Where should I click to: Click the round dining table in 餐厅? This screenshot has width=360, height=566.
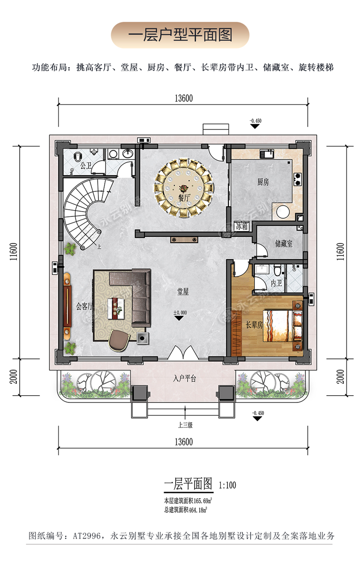[x=184, y=188]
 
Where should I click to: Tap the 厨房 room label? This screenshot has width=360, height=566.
[x=263, y=182]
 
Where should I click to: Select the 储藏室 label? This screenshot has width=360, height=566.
[x=284, y=244]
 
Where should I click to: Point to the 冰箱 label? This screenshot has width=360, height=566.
[x=242, y=226]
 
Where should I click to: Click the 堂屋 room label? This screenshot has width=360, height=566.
[x=183, y=291]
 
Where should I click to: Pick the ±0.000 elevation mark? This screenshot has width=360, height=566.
[x=180, y=313]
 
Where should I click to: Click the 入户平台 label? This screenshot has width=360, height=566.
[x=184, y=378]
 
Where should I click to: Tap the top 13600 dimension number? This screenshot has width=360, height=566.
[x=183, y=98]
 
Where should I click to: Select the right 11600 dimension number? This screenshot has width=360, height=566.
[x=340, y=251]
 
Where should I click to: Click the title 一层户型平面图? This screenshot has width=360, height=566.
[x=180, y=35]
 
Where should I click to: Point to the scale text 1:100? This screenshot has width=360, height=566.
[x=227, y=485]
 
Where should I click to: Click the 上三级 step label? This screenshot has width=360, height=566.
[x=185, y=425]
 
